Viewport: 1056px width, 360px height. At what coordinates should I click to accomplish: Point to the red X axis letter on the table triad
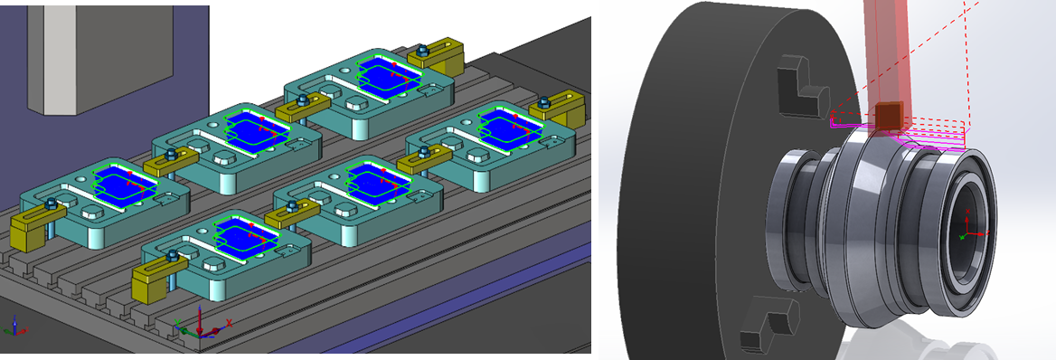(230, 322)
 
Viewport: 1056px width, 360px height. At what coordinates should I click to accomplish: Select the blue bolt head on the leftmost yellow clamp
(52, 204)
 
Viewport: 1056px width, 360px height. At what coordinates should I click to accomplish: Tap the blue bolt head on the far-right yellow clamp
(544, 102)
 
